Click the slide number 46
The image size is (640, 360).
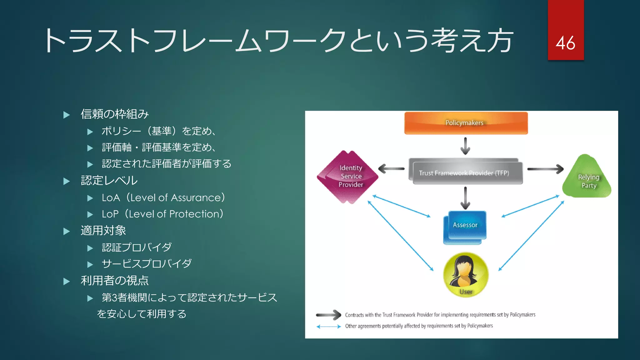565,43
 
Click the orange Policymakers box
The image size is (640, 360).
466,123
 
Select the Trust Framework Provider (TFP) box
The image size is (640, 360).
465,172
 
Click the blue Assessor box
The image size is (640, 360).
465,227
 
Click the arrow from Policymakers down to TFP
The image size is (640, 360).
465,146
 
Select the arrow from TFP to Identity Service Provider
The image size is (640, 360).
391,169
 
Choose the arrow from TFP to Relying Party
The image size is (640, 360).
545,169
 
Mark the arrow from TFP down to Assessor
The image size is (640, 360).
465,198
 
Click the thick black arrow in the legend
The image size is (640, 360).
328,315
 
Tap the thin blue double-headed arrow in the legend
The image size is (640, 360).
328,327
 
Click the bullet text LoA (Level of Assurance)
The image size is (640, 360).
163,198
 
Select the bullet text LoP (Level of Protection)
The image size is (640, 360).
162,214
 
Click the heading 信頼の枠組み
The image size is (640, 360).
114,114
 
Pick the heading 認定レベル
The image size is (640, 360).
109,181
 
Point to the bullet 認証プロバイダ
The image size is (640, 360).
137,247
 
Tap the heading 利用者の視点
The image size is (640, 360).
114,281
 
